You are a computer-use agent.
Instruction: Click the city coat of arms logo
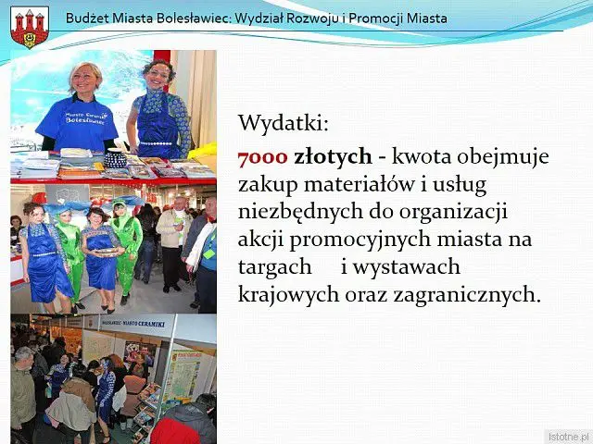tap(30, 27)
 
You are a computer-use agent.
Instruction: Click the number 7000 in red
tap(263, 156)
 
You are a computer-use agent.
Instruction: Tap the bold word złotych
tap(333, 157)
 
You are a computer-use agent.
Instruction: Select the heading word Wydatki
tap(284, 123)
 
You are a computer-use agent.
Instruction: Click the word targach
tap(275, 267)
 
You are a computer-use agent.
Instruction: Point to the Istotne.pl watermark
tap(568, 437)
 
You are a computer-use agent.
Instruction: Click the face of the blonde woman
tap(84, 79)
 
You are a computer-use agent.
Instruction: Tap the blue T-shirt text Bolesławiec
tap(85, 120)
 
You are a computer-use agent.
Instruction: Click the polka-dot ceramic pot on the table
tap(115, 159)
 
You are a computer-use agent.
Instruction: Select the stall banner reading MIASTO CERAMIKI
tap(133, 324)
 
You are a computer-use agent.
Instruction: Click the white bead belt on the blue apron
tap(156, 144)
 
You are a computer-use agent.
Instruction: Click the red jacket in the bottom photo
tap(174, 431)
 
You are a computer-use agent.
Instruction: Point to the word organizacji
tap(453, 213)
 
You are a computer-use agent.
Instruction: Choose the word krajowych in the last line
tap(288, 295)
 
